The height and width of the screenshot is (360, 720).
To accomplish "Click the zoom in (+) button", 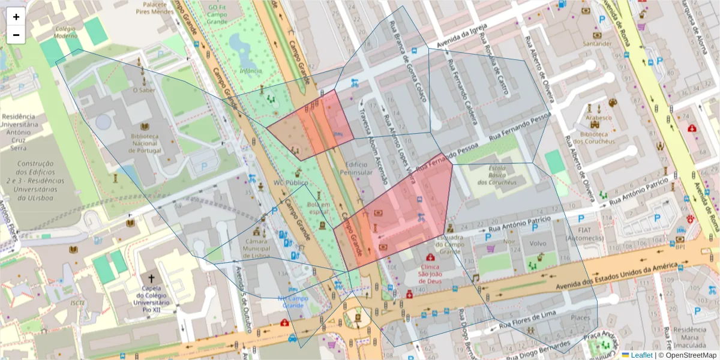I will (16, 17).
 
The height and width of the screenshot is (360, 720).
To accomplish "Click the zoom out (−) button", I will (16, 35).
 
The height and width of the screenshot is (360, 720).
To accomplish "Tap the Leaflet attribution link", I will (641, 355).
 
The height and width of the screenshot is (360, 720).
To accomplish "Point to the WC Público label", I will (290, 182).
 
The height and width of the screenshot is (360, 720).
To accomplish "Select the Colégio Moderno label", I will (65, 32).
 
